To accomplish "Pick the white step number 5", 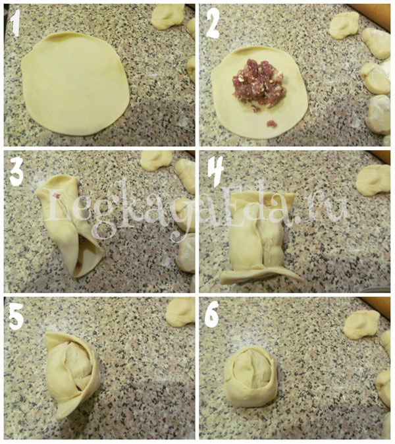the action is point(16,316).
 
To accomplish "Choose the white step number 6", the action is point(212,314).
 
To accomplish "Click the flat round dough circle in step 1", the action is point(75,84).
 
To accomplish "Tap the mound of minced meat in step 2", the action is point(257,83).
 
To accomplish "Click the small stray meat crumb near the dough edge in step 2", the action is point(272,124).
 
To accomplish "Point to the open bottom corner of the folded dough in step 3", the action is point(76,274).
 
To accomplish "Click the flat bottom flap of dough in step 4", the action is point(260,275).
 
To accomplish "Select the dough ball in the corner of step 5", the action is point(180,311).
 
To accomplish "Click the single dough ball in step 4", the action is point(373,180).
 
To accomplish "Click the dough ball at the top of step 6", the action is point(361,325).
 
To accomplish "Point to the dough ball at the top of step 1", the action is point(167,16).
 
